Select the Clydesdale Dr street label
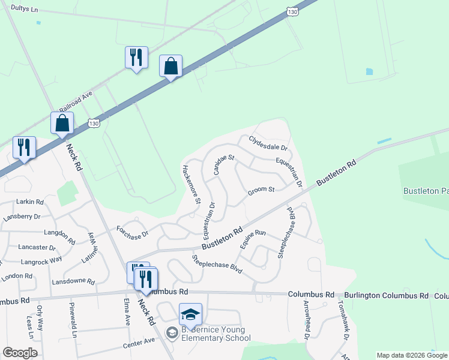click(x=268, y=143)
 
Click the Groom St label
click(x=261, y=190)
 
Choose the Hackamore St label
click(x=190, y=184)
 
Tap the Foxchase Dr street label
click(x=132, y=231)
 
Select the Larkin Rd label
click(x=31, y=202)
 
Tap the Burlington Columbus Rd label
click(x=387, y=296)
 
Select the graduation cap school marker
click(x=190, y=315)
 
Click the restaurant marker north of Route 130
click(x=136, y=58)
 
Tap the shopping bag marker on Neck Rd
click(x=62, y=123)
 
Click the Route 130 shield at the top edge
click(x=292, y=11)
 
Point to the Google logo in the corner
click(x=20, y=353)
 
